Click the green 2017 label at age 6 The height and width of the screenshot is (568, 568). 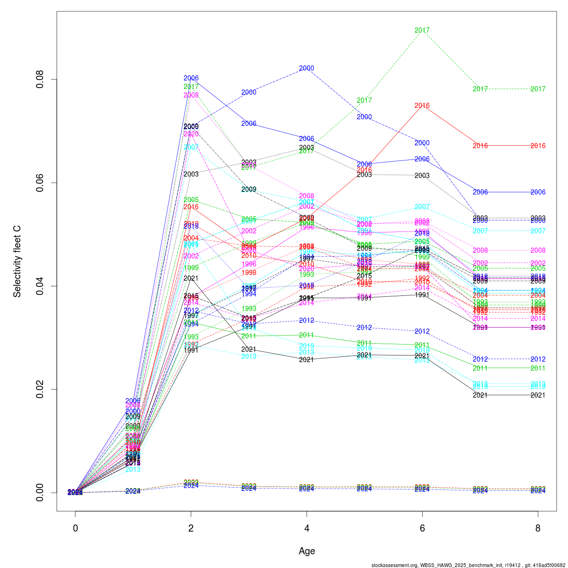click(x=422, y=30)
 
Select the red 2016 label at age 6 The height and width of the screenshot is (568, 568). click(x=422, y=106)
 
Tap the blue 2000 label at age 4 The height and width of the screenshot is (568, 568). click(x=307, y=68)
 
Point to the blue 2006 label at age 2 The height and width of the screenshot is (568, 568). click(x=191, y=78)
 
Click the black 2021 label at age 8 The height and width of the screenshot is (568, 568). click(x=538, y=395)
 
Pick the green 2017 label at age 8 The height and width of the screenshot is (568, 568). click(x=538, y=89)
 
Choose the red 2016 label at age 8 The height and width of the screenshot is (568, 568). click(x=538, y=146)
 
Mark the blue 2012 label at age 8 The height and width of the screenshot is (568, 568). click(x=538, y=359)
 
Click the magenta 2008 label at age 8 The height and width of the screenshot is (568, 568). click(x=538, y=250)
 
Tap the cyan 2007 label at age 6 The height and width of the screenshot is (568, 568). click(x=422, y=207)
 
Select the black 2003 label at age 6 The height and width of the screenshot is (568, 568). click(x=422, y=176)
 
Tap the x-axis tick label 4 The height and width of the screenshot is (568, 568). click(x=307, y=528)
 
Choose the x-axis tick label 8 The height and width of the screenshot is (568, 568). click(x=538, y=528)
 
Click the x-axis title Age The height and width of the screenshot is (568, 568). click(x=307, y=551)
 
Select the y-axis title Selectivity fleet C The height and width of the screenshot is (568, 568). click(x=17, y=261)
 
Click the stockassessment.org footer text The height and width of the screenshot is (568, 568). click(x=468, y=565)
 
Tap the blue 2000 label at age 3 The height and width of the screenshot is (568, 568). click(x=249, y=92)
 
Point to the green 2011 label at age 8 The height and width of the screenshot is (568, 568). click(x=538, y=368)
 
